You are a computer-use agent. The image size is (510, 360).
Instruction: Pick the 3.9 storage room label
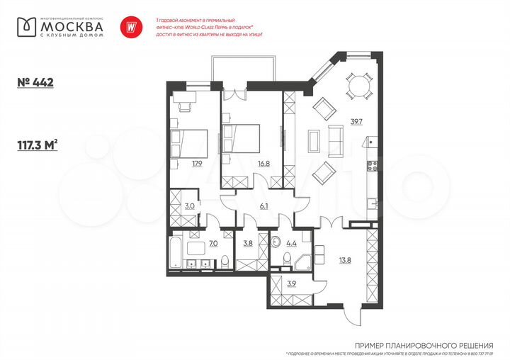[292, 285]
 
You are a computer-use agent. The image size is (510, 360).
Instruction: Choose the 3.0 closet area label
[189, 207]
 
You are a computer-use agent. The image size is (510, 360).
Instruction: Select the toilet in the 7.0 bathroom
[222, 261]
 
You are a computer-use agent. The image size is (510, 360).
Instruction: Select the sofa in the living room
[336, 140]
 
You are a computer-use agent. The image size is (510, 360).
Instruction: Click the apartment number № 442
[35, 83]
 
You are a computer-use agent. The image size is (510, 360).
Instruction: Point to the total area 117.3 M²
[38, 146]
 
